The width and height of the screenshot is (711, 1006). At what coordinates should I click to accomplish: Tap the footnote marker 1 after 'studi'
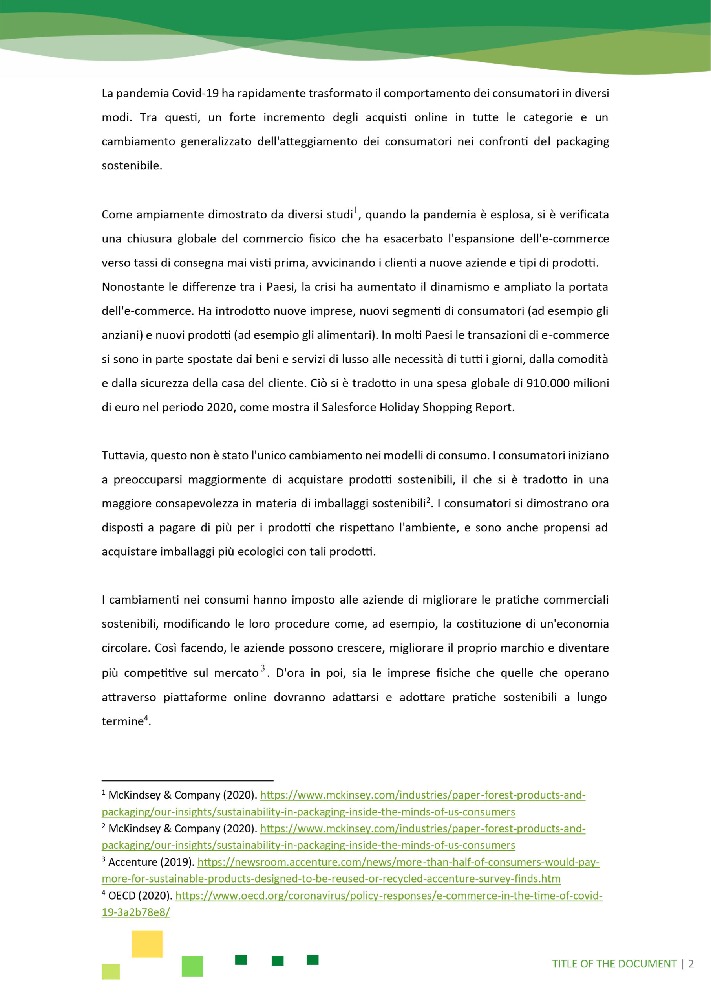point(356,210)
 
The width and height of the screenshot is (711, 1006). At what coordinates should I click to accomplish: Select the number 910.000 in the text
point(546,384)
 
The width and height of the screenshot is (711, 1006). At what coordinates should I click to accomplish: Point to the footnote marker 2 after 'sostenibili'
point(429,500)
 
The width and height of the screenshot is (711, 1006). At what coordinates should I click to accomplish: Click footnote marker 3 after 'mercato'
point(263,668)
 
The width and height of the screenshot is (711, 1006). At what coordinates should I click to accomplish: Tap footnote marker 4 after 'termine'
point(146,717)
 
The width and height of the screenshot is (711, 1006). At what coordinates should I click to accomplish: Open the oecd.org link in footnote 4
point(389,896)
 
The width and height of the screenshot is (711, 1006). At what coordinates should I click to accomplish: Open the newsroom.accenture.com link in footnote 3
point(398,862)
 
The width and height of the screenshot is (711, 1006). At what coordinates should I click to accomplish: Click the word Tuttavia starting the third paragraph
point(125,456)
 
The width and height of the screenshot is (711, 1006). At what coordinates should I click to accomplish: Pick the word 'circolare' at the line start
point(125,648)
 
